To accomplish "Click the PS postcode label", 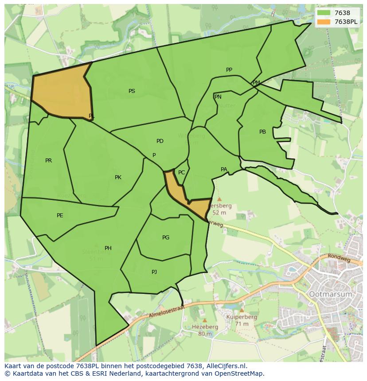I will click(x=132, y=91).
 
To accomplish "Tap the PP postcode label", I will click(x=229, y=70).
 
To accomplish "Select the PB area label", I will click(x=263, y=132).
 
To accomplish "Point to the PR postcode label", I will click(x=48, y=161).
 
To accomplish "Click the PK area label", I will click(x=118, y=177).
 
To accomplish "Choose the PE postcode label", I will click(x=60, y=216).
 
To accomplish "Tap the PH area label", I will click(x=108, y=248).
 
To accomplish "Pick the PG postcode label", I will click(x=166, y=238).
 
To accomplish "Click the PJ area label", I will click(x=154, y=272).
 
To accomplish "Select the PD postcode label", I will click(x=160, y=141).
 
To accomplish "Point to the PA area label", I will click(x=224, y=169).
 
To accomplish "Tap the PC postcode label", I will click(x=181, y=173).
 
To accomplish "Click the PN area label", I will click(x=218, y=97).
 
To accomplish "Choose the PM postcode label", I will click(x=256, y=83).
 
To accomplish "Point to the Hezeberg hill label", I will click(x=205, y=327).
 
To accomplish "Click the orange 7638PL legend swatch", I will click(x=324, y=22).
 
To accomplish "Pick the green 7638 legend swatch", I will click(x=324, y=13).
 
